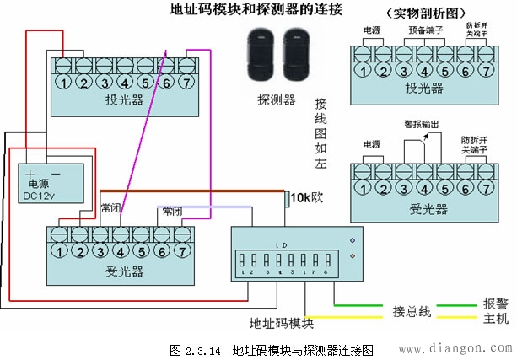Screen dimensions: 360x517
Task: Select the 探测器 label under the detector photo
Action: point(276,99)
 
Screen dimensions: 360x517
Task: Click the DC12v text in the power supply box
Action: point(38,196)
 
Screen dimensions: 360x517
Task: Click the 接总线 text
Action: point(411,312)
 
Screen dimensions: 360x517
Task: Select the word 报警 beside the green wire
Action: point(495,304)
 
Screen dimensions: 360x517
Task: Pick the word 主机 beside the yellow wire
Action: point(495,320)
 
